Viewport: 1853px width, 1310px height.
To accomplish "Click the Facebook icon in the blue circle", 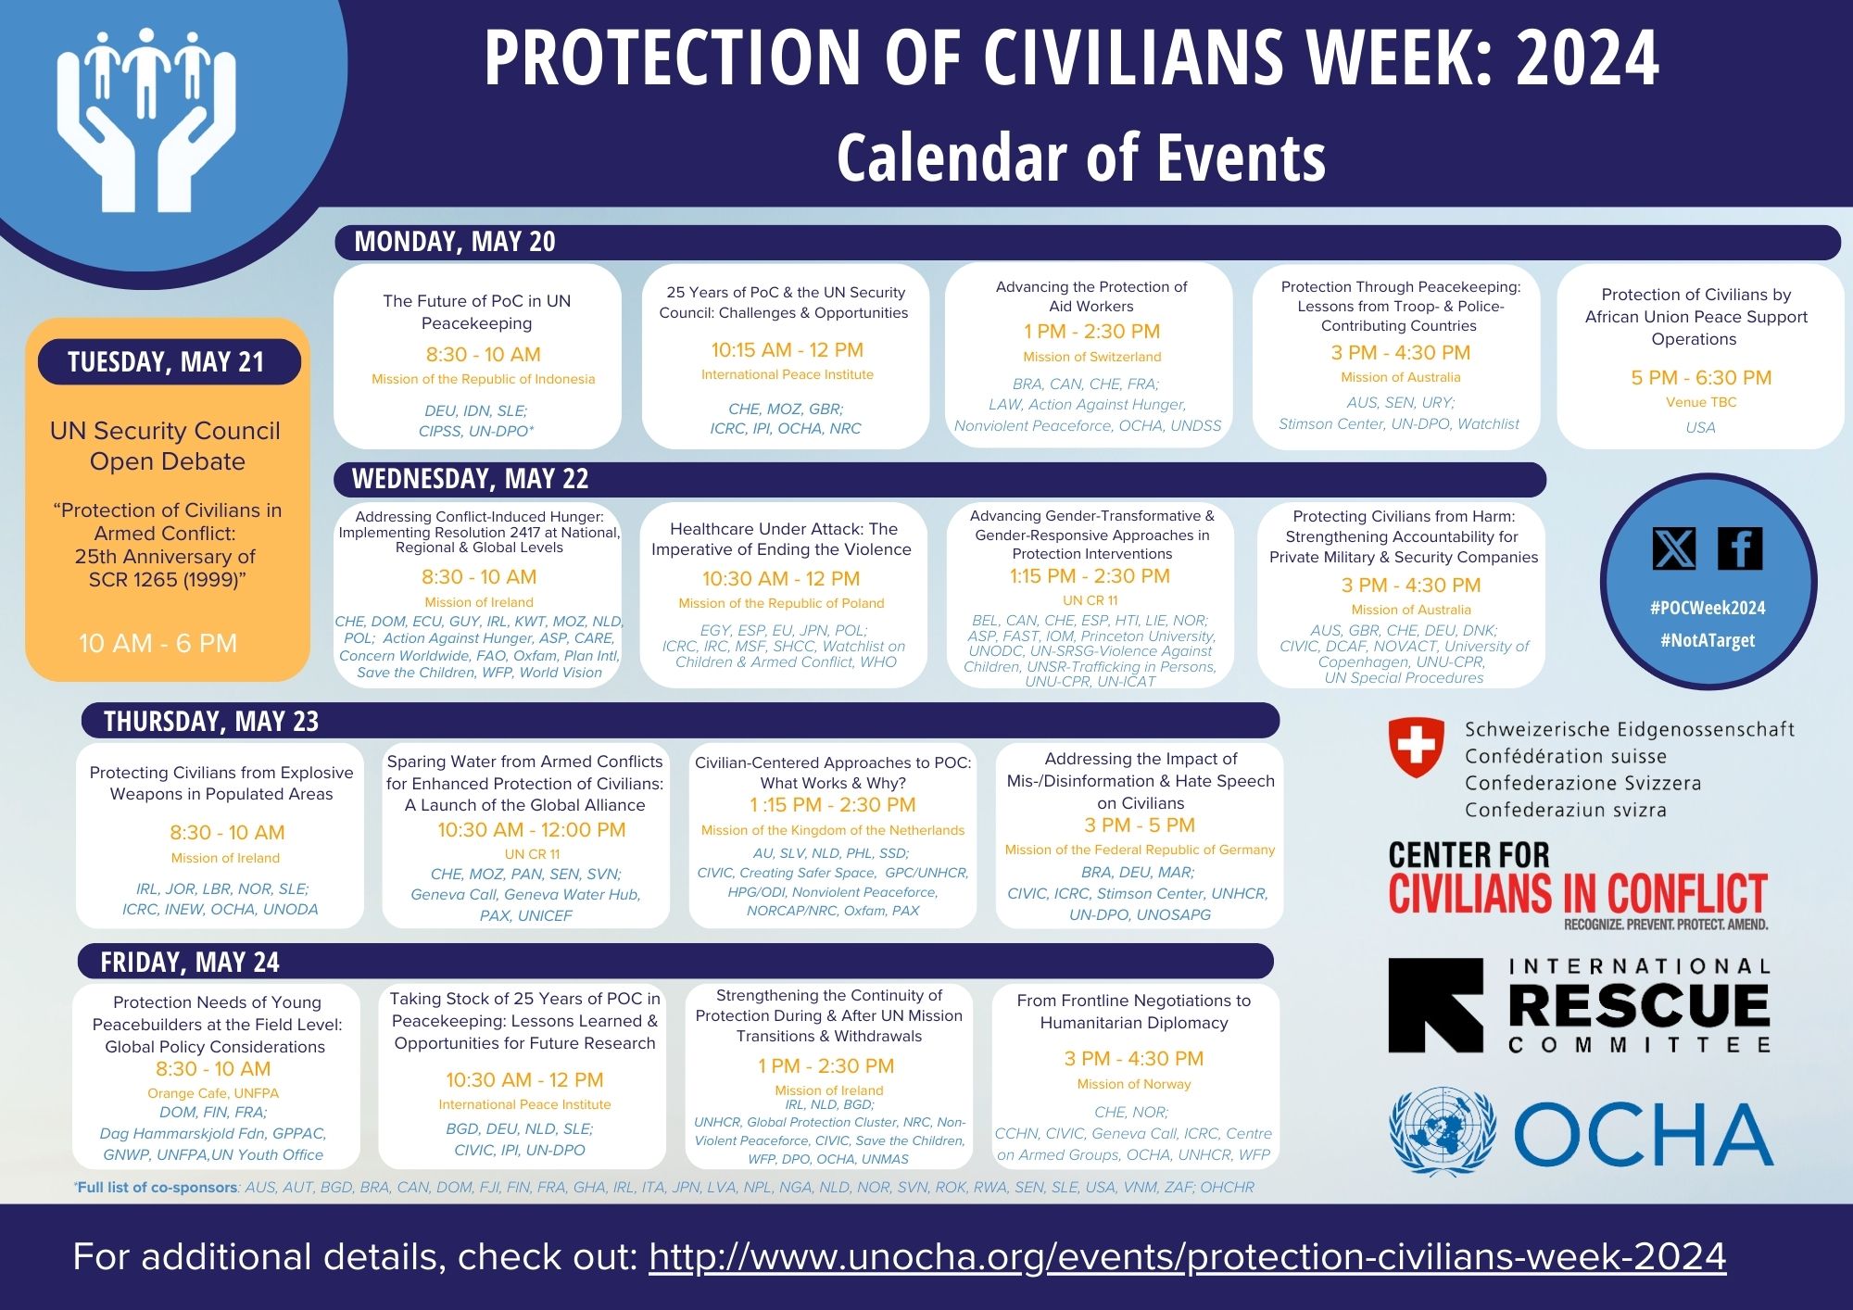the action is pos(1740,548).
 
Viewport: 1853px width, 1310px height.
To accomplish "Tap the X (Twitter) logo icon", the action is pos(1674,548).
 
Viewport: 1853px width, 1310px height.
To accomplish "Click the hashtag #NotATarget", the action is pos(1708,640).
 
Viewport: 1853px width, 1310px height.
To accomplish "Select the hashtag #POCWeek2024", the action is pos(1708,608).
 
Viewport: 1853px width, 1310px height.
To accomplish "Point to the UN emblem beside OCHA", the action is pos(1443,1131).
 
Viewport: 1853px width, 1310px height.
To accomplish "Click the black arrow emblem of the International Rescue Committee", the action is pos(1436,1005).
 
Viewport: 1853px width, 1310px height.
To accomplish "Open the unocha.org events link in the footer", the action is pos(1187,1257).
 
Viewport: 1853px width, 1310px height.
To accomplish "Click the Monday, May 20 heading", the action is pos(455,242).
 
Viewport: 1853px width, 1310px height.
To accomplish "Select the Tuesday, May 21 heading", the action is pos(166,361).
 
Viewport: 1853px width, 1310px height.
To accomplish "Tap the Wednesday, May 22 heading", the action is pos(470,479).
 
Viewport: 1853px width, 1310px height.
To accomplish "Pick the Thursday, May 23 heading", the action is pos(211,721).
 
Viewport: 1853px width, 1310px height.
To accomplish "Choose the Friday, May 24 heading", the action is pos(190,963).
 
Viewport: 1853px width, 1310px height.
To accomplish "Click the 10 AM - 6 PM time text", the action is pos(158,643).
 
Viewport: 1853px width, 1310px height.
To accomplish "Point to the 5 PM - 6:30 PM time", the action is pos(1701,377).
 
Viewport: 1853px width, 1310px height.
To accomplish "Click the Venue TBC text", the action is pos(1701,402).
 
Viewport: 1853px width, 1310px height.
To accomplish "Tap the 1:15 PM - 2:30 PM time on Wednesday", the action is pos(1090,576).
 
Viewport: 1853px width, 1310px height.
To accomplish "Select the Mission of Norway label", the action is pos(1134,1084).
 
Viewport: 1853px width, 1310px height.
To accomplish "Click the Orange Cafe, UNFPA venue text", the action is pos(213,1093).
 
